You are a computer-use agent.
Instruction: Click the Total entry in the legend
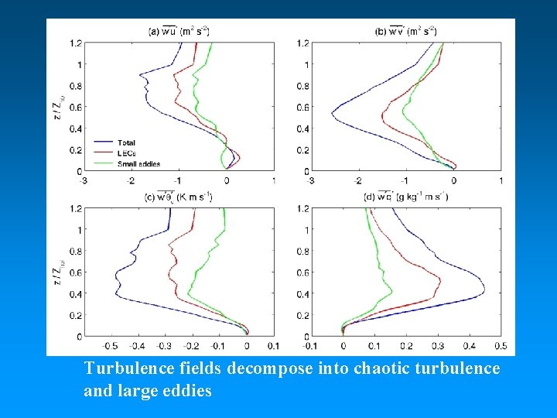click(126, 142)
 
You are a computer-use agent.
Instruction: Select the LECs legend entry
click(126, 153)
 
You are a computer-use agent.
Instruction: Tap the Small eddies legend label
click(135, 163)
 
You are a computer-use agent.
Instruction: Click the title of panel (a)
click(179, 31)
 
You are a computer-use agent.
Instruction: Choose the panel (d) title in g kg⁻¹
click(406, 197)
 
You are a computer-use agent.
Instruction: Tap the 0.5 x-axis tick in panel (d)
click(501, 346)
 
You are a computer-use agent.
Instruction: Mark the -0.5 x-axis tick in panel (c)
click(110, 346)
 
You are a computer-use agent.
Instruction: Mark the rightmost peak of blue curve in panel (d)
click(484, 291)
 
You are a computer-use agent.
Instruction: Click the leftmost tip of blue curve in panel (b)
click(332, 115)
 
